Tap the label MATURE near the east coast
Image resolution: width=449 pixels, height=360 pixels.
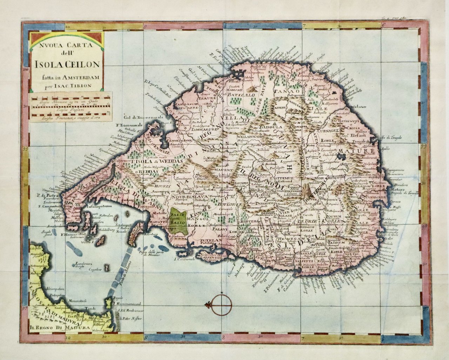362,152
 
